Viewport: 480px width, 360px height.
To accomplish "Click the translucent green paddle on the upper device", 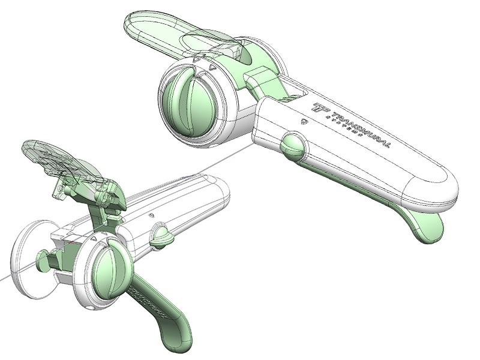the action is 162,27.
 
